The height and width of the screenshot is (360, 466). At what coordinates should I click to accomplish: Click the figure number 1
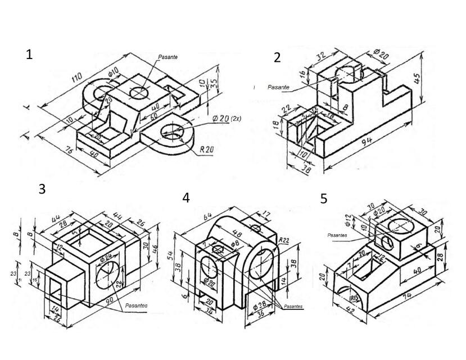[x=30, y=55]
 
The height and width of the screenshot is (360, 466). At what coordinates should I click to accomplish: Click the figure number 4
[x=186, y=197]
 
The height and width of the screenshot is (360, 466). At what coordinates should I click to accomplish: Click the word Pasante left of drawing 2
[x=278, y=87]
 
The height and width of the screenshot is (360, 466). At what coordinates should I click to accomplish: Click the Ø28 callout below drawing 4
[x=260, y=304]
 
